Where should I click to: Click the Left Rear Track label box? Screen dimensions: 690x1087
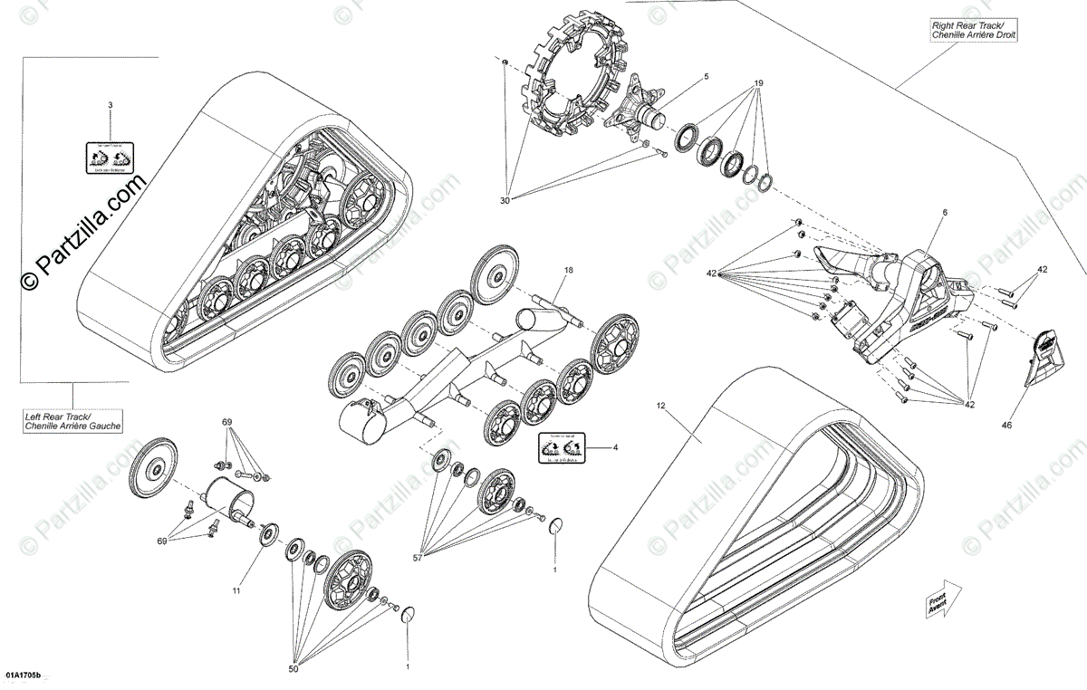click(x=73, y=420)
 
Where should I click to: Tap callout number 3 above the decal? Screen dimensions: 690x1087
click(x=111, y=106)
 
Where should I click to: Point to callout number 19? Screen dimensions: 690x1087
click(x=759, y=82)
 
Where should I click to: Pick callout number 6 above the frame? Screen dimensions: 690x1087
click(x=943, y=212)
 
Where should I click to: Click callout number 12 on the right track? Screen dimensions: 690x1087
click(x=661, y=407)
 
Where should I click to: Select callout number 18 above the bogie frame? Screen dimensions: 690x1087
click(x=569, y=270)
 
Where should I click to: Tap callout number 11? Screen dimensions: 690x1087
click(x=236, y=591)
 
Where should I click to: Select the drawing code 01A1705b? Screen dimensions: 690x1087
click(x=24, y=676)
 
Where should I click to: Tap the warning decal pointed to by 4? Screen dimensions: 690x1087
click(x=562, y=447)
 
